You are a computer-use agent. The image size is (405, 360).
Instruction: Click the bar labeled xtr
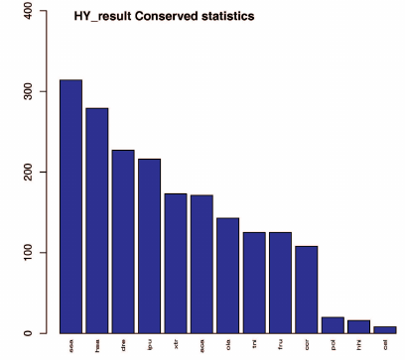pos(176,263)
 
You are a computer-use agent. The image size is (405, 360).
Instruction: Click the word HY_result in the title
pos(101,18)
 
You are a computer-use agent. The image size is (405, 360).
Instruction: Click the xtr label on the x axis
pos(176,345)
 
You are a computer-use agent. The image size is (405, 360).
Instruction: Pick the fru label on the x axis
pos(280,345)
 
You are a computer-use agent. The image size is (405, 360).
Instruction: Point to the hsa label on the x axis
pos(97,345)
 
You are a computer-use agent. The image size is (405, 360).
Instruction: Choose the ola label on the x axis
pos(227,345)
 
